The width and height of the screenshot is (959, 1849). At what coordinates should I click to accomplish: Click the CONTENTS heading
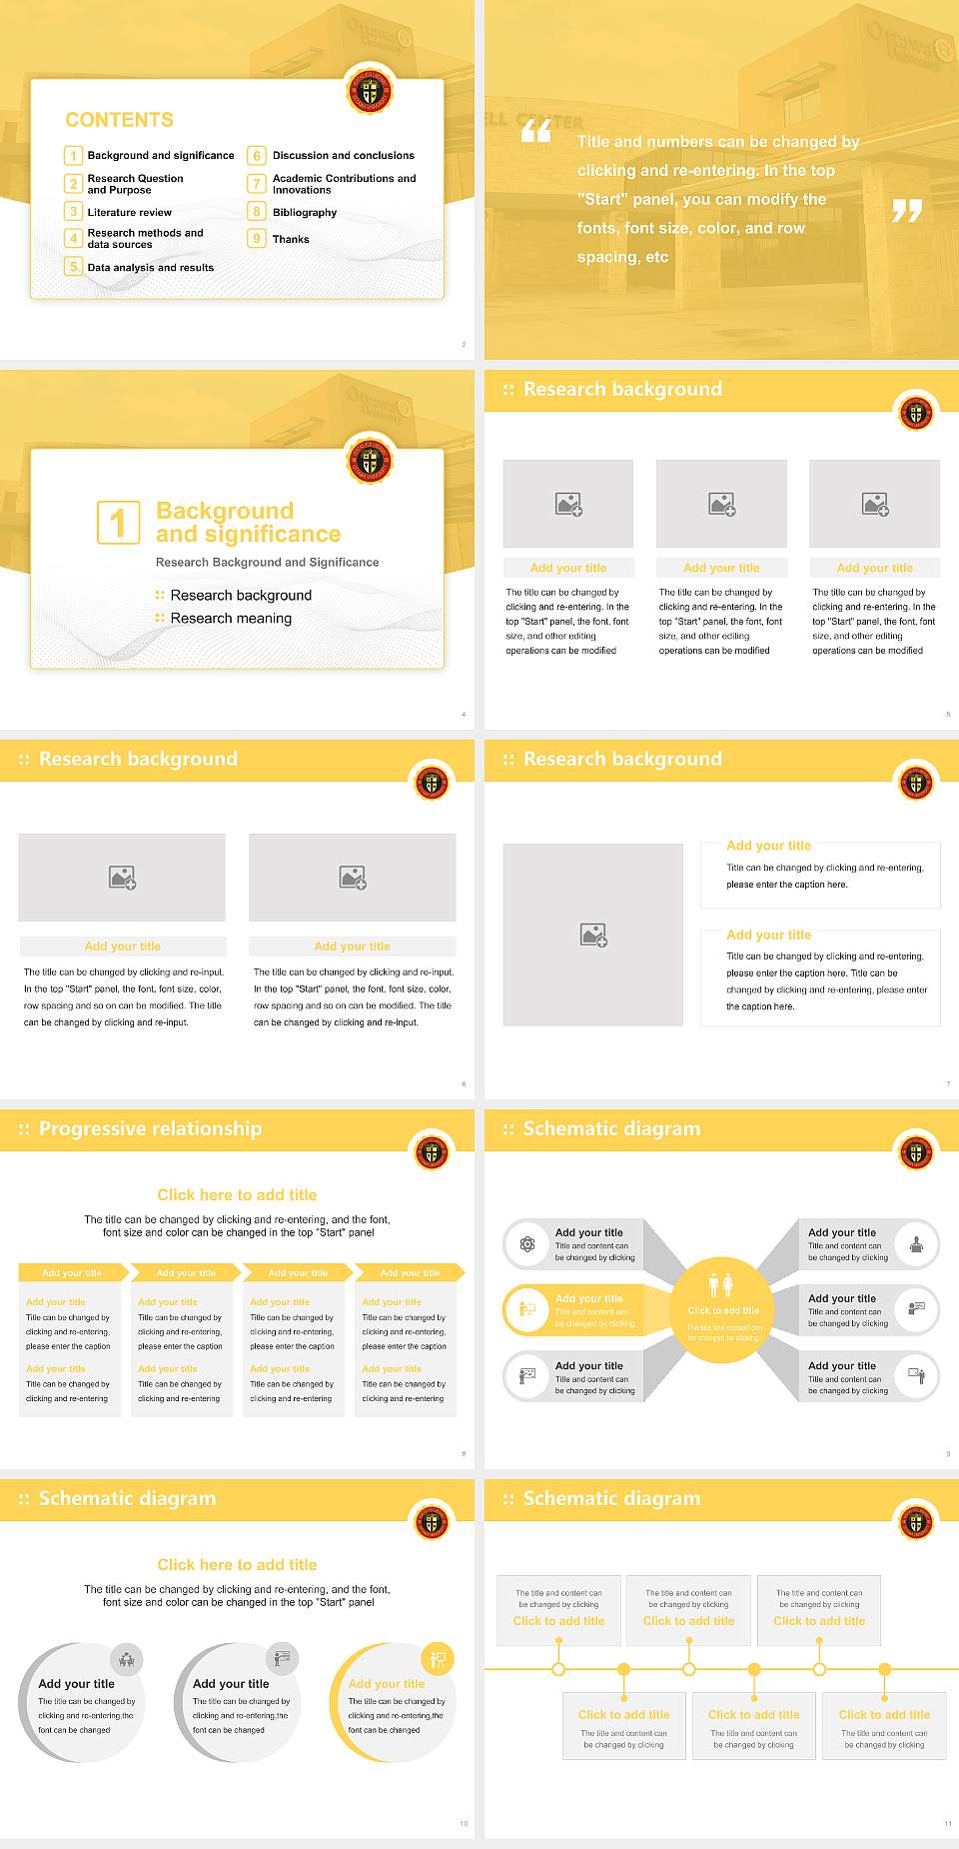(x=119, y=120)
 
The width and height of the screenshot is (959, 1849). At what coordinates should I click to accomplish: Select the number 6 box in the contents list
(x=257, y=156)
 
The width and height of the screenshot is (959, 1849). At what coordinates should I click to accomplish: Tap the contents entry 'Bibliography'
(x=305, y=213)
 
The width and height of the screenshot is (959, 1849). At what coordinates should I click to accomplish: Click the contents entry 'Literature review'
(x=129, y=213)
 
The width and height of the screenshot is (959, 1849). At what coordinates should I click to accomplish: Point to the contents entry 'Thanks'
(x=291, y=240)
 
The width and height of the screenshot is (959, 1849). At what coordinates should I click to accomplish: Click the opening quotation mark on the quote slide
(x=536, y=131)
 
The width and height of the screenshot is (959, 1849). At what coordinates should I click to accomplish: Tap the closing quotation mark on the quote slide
(x=906, y=211)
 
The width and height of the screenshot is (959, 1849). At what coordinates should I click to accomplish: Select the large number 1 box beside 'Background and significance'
(x=118, y=523)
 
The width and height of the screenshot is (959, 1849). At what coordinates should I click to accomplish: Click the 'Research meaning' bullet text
(x=231, y=619)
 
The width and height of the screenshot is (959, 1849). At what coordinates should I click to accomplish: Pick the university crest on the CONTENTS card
(x=370, y=92)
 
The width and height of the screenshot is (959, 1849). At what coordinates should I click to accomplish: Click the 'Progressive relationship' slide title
(x=150, y=1129)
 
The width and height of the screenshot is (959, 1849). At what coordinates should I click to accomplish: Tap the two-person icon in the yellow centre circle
(x=720, y=1285)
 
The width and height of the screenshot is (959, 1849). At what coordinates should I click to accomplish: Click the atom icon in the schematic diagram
(x=526, y=1244)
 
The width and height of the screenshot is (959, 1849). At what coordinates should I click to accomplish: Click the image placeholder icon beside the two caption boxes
(x=593, y=935)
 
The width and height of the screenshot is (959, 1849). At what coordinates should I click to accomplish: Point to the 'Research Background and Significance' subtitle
(x=267, y=563)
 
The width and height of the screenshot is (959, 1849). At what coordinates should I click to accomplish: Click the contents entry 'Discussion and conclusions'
(x=343, y=156)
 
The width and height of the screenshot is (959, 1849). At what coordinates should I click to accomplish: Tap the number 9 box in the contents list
(x=257, y=239)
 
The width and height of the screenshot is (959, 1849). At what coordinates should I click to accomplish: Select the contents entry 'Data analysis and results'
(x=151, y=268)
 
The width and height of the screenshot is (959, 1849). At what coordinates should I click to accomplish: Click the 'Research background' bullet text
(x=241, y=596)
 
